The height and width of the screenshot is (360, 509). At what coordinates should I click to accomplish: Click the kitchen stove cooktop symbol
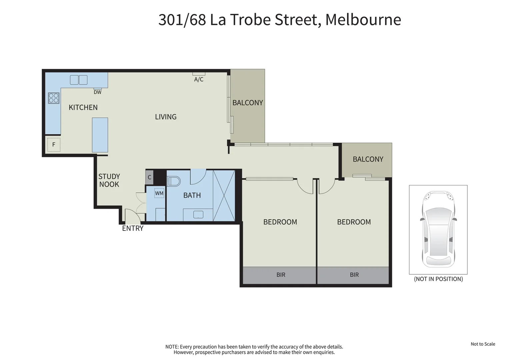(x=54, y=98)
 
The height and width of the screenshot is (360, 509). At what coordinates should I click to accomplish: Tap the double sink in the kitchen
(x=79, y=80)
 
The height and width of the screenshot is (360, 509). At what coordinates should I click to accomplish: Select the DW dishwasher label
(x=97, y=92)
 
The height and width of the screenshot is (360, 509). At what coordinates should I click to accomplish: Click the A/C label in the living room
(x=199, y=79)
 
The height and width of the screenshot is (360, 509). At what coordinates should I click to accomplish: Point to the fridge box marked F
(x=54, y=145)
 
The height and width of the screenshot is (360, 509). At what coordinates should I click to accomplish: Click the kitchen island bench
(x=100, y=135)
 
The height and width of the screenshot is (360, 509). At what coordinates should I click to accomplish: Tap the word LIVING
(x=166, y=117)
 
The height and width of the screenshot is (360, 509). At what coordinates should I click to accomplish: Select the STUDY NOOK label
(x=109, y=180)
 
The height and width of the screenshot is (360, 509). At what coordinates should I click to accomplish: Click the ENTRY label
(x=133, y=228)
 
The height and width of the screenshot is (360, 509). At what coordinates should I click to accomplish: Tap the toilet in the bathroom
(x=173, y=181)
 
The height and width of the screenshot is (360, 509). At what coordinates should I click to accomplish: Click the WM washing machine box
(x=159, y=193)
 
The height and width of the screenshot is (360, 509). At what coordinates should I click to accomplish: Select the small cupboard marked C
(x=149, y=177)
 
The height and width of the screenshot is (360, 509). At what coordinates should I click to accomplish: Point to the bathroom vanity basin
(x=198, y=215)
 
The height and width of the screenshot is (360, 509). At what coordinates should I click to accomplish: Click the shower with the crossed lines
(x=224, y=195)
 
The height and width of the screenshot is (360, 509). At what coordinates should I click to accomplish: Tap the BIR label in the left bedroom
(x=281, y=275)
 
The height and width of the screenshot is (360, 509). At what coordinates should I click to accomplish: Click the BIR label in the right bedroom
(x=354, y=275)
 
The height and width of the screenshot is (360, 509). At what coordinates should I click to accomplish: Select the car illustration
(x=438, y=229)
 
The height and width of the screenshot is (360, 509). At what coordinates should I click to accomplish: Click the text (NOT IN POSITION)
(x=438, y=279)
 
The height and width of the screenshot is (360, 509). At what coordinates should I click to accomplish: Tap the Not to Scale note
(x=483, y=344)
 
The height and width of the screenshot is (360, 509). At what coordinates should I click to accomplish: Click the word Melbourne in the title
(x=363, y=20)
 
